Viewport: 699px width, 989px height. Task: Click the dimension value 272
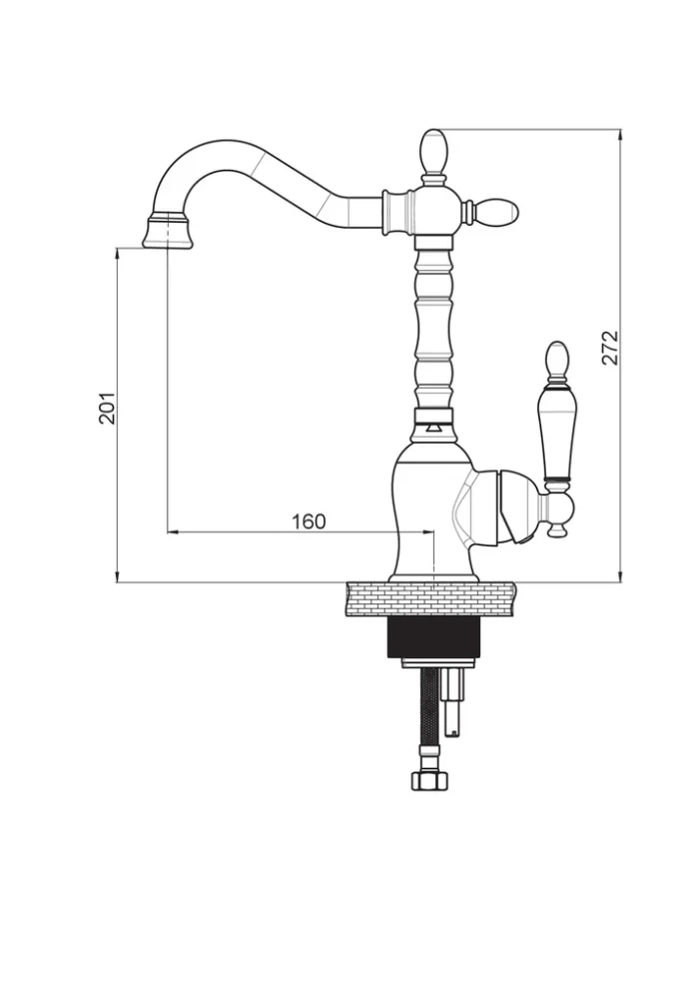611,347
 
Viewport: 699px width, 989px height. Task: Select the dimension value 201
107,408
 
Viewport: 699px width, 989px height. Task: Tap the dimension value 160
309,520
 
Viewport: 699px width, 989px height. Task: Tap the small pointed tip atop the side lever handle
555,358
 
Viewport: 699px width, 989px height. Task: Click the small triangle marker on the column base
432,429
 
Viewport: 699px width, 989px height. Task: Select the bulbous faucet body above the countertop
429,509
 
